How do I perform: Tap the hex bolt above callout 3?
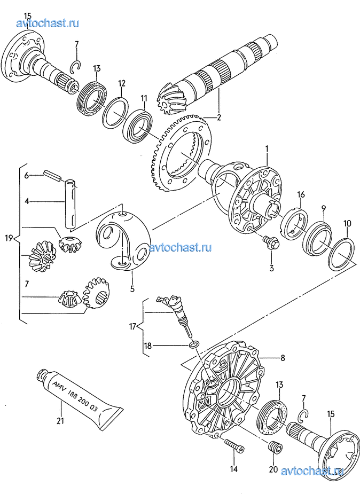tap(270, 241)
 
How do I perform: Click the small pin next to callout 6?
tap(52, 176)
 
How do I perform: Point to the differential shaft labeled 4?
tap(71, 203)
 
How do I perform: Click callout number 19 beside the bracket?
tap(9, 238)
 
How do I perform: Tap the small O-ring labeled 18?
tap(194, 345)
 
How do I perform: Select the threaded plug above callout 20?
tap(275, 448)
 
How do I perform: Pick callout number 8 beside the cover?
tap(283, 358)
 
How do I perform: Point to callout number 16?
tap(301, 194)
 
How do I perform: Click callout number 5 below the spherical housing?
tap(132, 288)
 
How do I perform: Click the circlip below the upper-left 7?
tap(76, 65)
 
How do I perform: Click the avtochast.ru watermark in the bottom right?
tap(311, 471)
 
